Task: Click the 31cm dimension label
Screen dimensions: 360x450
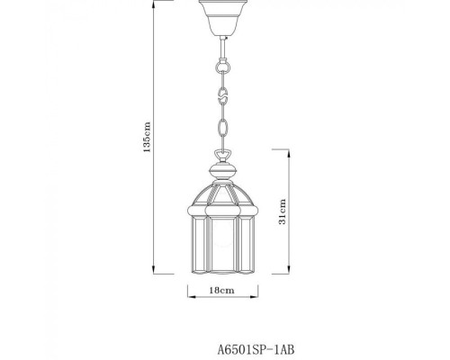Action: coord(283,213)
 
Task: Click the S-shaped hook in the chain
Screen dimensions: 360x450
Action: coord(220,93)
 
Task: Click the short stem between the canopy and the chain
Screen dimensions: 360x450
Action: coord(220,45)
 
